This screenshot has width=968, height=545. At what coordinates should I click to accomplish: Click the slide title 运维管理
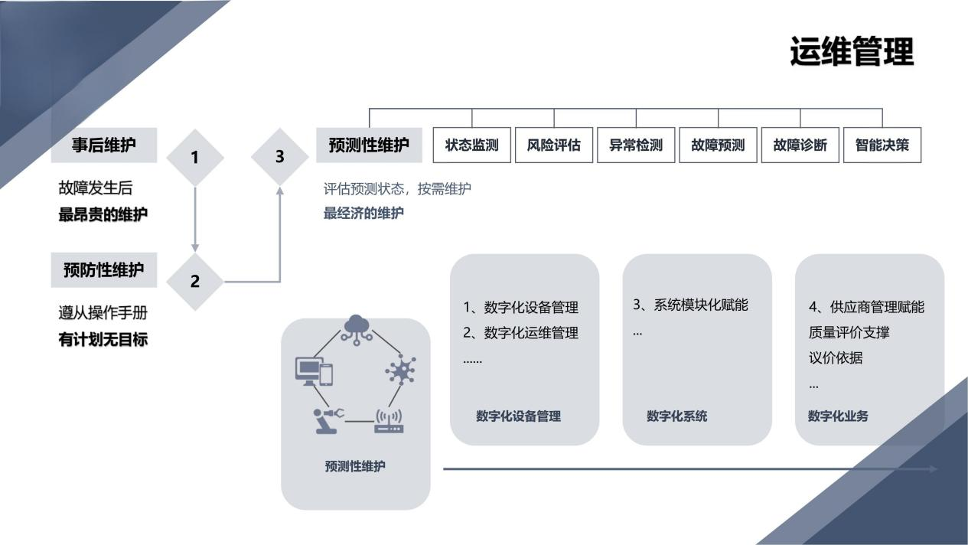[852, 52]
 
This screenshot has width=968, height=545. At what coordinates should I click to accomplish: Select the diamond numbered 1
[195, 157]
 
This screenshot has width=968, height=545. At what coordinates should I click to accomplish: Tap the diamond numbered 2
[195, 281]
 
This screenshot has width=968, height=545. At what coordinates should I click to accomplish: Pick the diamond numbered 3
[279, 156]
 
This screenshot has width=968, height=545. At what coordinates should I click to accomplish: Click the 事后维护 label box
[104, 145]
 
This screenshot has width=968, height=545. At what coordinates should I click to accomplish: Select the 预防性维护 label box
[104, 270]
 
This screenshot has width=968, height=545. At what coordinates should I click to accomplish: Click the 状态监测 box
[471, 145]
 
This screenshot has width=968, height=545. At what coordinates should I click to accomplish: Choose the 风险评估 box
[553, 145]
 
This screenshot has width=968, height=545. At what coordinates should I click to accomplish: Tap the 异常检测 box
[636, 145]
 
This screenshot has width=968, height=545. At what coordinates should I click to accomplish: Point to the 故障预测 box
[718, 145]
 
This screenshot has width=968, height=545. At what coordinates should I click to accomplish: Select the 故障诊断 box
[800, 145]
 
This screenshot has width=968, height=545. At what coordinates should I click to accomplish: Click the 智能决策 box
[882, 145]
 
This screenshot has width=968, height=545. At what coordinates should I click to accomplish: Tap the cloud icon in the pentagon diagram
[356, 328]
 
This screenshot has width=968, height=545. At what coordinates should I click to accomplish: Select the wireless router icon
[389, 421]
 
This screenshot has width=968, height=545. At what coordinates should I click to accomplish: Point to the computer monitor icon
[308, 370]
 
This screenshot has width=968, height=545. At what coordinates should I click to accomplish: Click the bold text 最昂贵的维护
[103, 215]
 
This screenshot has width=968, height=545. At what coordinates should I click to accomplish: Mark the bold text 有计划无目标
[103, 340]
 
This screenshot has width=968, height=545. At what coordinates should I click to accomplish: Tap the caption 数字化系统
[677, 416]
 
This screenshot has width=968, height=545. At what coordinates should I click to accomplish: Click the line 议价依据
[836, 358]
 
